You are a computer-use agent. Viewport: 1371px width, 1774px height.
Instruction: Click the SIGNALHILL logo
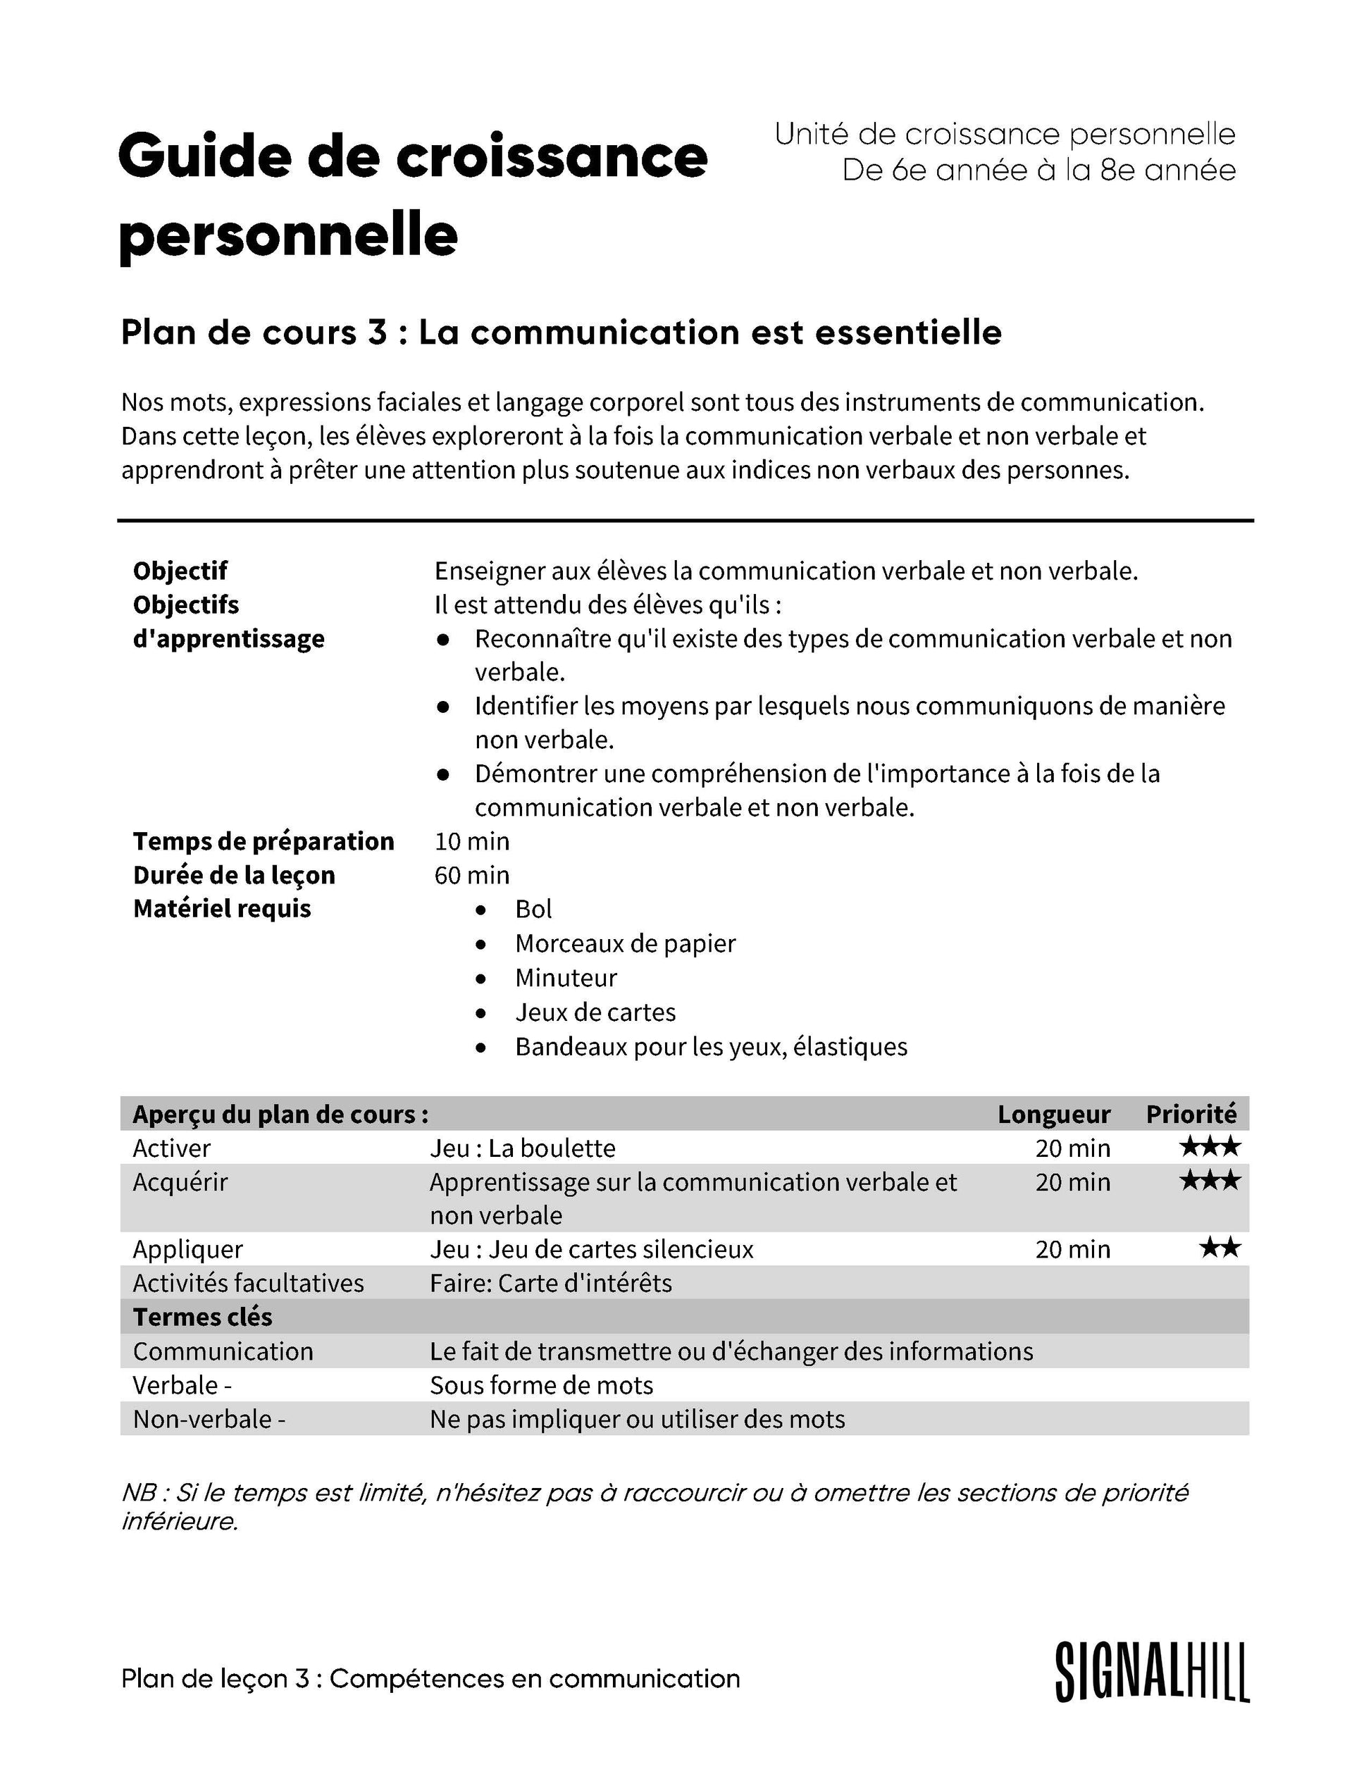click(x=1151, y=1673)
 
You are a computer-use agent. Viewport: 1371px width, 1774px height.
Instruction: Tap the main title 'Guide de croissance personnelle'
click(x=413, y=195)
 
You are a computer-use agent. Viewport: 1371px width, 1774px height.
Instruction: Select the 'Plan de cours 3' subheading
click(x=560, y=333)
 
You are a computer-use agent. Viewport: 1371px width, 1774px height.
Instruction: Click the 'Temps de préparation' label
click(x=263, y=841)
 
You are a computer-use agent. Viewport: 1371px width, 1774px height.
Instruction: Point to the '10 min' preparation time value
click(x=472, y=841)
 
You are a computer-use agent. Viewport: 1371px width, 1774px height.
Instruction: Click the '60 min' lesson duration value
click(x=472, y=876)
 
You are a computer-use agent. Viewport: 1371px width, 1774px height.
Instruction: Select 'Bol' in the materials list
click(x=533, y=909)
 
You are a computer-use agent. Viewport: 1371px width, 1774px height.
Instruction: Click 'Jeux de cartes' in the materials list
click(x=595, y=1012)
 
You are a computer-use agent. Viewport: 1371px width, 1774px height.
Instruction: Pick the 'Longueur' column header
click(x=1053, y=1115)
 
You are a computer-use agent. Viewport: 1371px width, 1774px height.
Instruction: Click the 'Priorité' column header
click(x=1191, y=1115)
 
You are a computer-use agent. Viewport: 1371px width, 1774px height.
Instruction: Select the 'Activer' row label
click(x=171, y=1148)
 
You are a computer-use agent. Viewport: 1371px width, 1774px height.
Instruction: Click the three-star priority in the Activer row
click(x=1210, y=1148)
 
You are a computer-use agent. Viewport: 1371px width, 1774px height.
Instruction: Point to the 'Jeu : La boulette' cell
click(x=522, y=1148)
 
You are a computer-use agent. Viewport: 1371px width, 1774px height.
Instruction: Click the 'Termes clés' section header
click(x=202, y=1317)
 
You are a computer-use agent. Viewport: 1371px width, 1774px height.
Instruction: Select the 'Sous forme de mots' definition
click(x=541, y=1385)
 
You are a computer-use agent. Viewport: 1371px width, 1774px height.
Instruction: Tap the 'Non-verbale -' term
click(x=209, y=1419)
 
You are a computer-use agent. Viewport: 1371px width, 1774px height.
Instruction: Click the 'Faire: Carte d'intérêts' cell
click(x=551, y=1284)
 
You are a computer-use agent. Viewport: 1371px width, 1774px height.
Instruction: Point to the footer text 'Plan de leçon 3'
click(x=430, y=1679)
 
